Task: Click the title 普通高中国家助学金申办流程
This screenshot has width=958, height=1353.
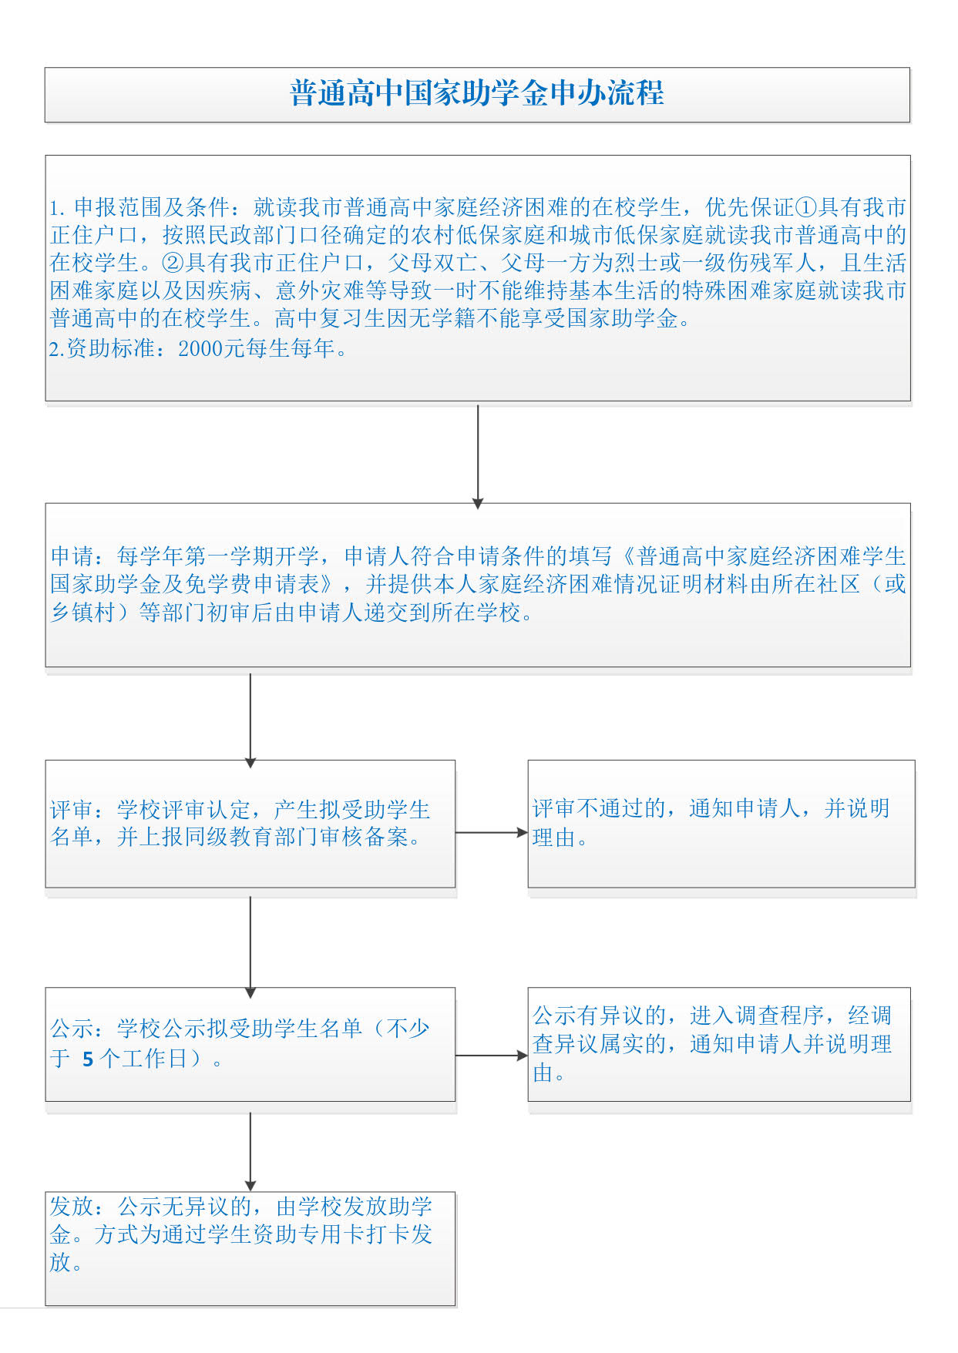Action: [x=477, y=94]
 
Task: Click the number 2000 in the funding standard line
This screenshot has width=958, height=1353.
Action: [x=200, y=349]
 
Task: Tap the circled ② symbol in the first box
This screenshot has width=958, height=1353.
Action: [x=173, y=263]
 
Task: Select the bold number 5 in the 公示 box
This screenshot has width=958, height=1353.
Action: [x=88, y=1059]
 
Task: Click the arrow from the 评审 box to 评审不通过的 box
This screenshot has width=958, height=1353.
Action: [x=491, y=833]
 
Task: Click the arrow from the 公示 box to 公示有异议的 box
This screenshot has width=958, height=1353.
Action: [x=491, y=1056]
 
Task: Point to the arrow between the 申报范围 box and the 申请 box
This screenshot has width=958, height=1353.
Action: [x=478, y=455]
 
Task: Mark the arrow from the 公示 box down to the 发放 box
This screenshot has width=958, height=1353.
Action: [x=250, y=1151]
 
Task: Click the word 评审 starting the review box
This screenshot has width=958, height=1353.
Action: [x=72, y=810]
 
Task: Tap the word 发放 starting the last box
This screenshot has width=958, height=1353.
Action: [x=72, y=1207]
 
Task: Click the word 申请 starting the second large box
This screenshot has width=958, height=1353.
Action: [x=72, y=556]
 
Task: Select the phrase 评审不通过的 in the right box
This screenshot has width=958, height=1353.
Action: [x=599, y=808]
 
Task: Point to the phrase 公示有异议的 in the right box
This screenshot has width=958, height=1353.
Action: [x=599, y=1016]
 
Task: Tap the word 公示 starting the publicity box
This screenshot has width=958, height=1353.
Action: [x=72, y=1029]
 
